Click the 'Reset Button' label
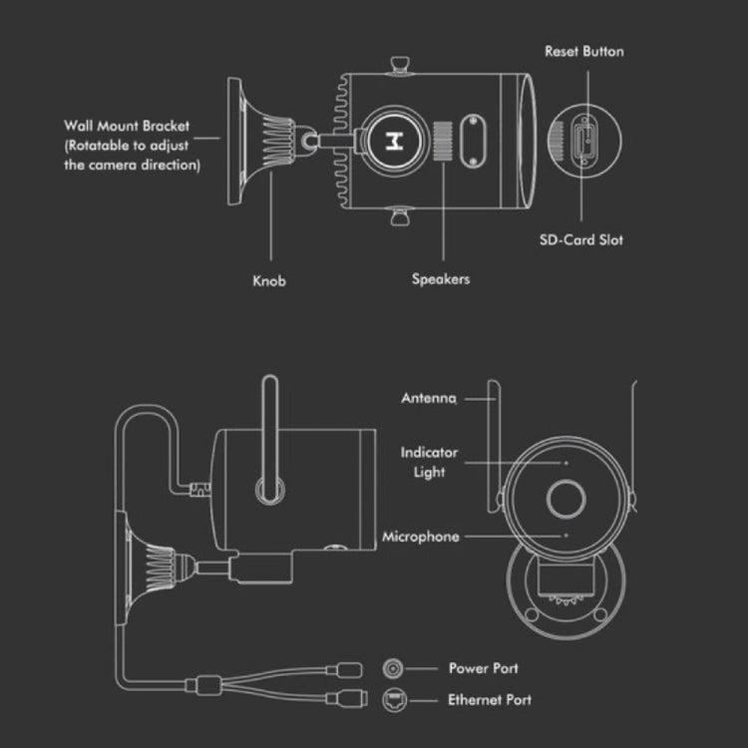click(583, 51)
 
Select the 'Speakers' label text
click(440, 279)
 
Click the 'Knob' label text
click(268, 281)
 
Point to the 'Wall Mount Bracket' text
click(127, 127)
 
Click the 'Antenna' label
click(429, 398)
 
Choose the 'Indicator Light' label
click(429, 462)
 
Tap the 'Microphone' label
click(421, 537)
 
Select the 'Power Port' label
click(484, 668)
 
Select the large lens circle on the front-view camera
click(563, 498)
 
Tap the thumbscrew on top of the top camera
click(400, 65)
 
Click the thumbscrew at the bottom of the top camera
click(399, 214)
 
